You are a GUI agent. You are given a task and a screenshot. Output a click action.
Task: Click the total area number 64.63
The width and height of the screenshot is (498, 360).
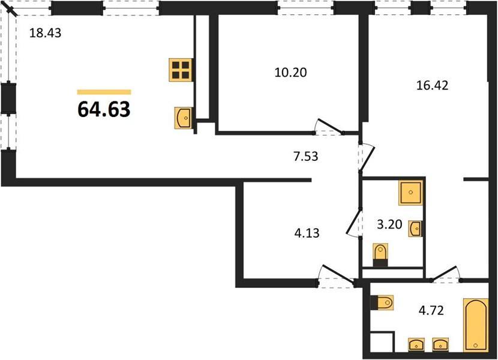[104, 109]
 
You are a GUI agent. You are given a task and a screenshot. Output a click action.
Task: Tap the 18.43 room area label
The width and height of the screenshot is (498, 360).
[45, 33]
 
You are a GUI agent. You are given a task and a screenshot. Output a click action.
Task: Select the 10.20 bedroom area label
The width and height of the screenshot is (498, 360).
[290, 73]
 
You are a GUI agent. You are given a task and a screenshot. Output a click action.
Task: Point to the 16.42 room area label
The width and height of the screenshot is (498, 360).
[432, 85]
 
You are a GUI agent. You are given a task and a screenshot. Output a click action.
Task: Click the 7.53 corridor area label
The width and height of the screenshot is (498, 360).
[305, 157]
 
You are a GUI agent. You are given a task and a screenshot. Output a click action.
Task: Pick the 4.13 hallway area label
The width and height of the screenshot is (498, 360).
[307, 233]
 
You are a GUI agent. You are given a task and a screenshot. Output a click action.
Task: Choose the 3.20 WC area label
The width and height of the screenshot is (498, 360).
[389, 224]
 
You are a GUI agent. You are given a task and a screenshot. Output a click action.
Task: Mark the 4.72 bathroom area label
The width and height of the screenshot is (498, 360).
[431, 310]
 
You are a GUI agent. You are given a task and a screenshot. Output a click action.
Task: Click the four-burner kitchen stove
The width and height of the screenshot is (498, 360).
[181, 70]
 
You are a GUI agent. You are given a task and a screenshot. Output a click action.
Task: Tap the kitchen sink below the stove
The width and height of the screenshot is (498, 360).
[183, 118]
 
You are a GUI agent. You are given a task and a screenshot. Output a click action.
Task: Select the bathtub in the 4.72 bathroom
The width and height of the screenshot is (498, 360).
[475, 325]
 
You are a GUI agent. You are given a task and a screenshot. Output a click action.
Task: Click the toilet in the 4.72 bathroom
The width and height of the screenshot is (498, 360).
[382, 302]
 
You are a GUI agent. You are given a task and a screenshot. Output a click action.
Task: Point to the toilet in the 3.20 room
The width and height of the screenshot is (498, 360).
[380, 255]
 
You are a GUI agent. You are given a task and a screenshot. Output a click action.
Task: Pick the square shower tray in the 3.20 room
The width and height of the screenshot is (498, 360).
[410, 193]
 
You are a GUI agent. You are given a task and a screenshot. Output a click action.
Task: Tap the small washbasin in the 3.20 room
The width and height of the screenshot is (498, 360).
[415, 229]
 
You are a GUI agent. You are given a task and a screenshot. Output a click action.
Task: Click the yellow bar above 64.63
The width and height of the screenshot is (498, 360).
[104, 92]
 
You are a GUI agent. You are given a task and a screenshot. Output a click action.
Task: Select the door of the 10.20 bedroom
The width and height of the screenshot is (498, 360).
[329, 126]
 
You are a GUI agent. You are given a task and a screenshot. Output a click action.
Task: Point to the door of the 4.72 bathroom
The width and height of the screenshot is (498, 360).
[445, 274]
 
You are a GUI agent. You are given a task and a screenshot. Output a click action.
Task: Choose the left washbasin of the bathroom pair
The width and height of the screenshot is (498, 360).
[416, 344]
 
